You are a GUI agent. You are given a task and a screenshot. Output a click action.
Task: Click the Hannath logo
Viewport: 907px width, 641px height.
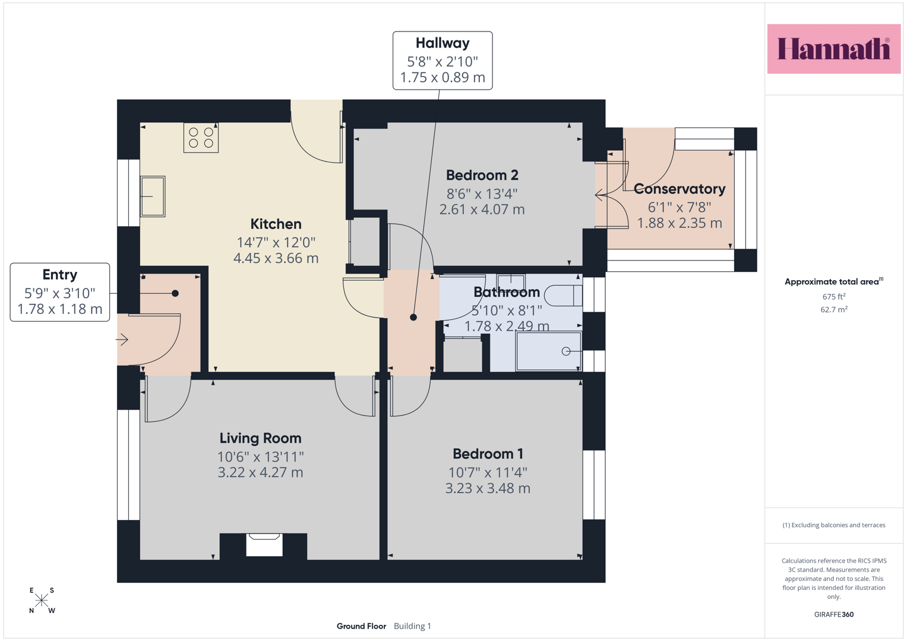point(834,49)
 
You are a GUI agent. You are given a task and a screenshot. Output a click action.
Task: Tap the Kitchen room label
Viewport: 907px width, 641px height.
point(276,224)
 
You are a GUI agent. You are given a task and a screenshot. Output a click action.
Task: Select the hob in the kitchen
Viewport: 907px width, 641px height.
point(201,138)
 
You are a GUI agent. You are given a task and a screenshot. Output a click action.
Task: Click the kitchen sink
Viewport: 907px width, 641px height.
point(153,196)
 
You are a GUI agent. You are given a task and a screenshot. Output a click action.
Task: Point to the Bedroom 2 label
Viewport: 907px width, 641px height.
point(482,175)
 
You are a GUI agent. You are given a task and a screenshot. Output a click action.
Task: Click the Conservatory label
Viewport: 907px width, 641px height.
point(680,189)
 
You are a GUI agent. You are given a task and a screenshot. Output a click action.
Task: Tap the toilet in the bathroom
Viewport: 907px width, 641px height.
point(563,296)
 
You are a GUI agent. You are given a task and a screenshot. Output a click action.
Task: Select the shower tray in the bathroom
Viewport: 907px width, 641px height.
point(549,351)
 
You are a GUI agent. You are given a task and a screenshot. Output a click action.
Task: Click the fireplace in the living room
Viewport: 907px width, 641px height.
point(264,545)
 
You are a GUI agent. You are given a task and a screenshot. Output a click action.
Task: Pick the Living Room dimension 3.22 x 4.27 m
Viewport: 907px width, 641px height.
point(260,472)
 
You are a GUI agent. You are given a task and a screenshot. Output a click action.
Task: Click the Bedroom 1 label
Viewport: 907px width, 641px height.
point(488,453)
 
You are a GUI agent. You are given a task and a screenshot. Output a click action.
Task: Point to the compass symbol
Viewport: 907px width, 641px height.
point(42,600)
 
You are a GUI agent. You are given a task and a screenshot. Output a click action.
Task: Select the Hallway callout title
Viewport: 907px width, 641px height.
point(443,43)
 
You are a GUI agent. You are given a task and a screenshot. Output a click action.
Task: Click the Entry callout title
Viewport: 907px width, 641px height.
point(60,275)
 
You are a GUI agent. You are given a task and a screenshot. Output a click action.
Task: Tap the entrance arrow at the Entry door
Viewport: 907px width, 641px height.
point(122,339)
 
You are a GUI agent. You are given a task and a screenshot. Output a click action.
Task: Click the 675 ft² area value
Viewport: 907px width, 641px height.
point(834,296)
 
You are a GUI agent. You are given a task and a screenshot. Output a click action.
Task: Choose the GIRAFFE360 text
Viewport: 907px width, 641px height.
point(834,614)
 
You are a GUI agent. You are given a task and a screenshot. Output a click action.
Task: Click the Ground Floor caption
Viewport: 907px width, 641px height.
point(361,626)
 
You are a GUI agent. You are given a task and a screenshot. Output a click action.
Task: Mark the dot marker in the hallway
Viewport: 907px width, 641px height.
point(413,318)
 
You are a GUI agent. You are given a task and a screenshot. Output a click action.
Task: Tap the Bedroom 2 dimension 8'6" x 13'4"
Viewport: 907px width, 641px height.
point(482,194)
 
